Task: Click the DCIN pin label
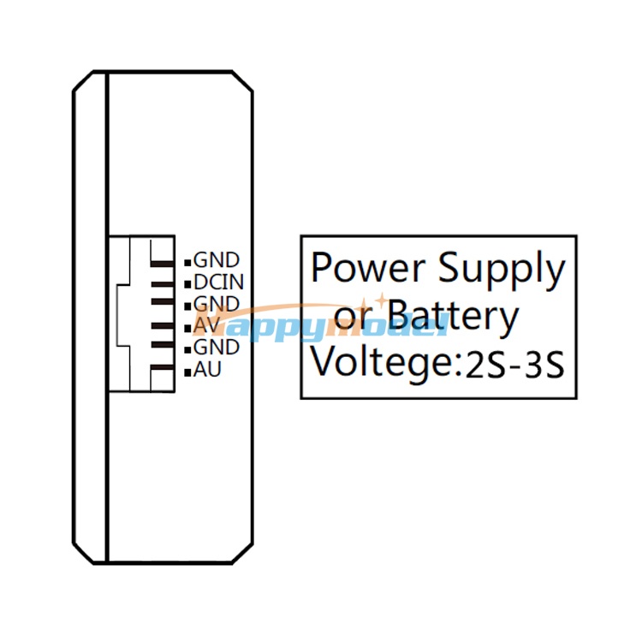(218, 282)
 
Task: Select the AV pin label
(207, 325)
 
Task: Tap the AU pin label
(207, 369)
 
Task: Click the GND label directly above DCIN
(217, 260)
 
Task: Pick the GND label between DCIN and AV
(217, 304)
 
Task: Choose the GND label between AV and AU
(217, 348)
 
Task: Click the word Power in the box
(368, 268)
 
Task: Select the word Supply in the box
(502, 271)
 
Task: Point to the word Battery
(453, 318)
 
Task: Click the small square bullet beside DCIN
(187, 283)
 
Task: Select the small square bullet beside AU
(187, 372)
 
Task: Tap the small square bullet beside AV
(187, 329)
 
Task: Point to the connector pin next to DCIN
(163, 284)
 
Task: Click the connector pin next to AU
(163, 367)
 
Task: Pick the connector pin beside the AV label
(163, 326)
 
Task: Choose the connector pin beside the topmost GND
(163, 264)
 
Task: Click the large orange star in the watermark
(381, 300)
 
